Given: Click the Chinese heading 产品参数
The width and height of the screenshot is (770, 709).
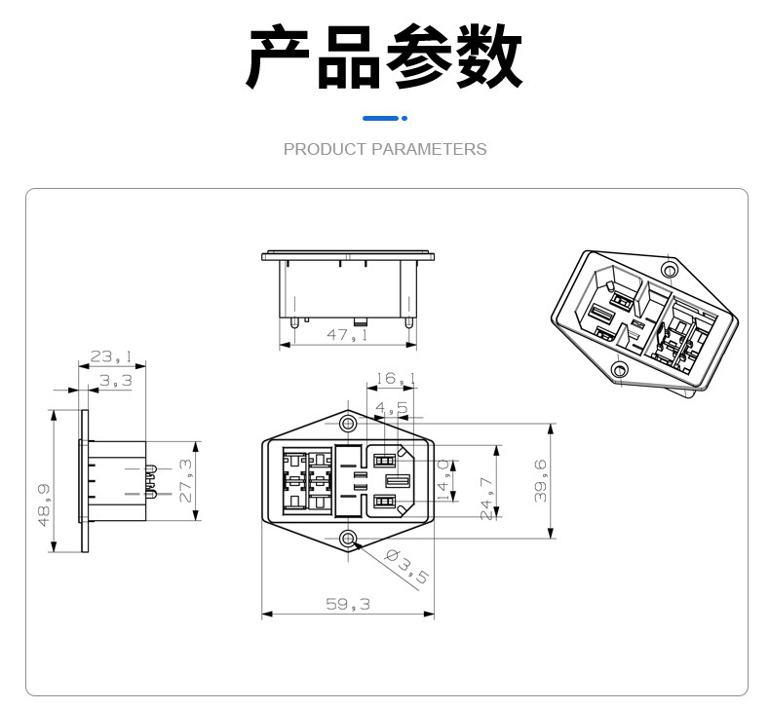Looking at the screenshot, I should click(384, 58).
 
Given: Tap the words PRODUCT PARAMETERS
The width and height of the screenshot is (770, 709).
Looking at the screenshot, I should click(384, 149).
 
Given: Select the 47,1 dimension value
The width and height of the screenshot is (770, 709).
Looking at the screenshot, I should click(346, 335).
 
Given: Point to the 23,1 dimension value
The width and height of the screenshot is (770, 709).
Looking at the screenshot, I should click(112, 357).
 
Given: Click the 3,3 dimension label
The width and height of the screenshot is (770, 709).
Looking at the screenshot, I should click(115, 381).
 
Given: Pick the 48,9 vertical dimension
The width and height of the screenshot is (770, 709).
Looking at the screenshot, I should click(43, 504).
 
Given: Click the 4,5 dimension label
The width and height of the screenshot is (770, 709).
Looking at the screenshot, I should click(392, 408).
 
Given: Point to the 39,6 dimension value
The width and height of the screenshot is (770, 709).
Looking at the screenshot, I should click(540, 479).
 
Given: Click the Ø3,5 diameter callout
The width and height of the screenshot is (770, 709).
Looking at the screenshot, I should click(406, 566).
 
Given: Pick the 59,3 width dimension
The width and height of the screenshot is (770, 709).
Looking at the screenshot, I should click(347, 604).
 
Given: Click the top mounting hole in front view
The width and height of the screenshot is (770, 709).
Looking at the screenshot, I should click(348, 424).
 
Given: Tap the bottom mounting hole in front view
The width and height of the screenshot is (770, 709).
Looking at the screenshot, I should click(348, 539).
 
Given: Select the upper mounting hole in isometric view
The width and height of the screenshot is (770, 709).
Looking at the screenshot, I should click(669, 269).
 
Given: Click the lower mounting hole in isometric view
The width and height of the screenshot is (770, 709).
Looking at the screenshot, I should click(619, 369).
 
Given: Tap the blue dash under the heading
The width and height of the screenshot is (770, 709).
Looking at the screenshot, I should click(384, 119).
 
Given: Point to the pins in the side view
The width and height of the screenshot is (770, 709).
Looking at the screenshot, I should click(152, 481).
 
